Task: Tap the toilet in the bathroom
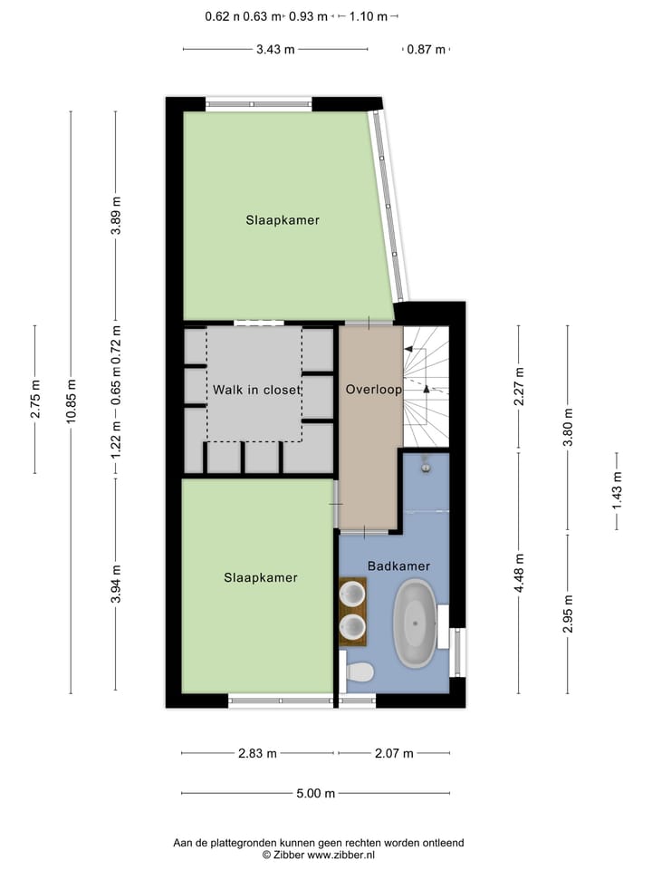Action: tap(360, 672)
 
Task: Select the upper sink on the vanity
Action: tap(352, 594)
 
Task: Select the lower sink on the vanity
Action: tap(352, 626)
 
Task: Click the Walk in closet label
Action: tap(256, 390)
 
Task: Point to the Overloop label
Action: tap(373, 390)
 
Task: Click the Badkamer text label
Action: tap(398, 565)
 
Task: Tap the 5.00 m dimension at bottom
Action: tap(315, 794)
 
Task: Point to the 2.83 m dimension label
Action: tap(258, 753)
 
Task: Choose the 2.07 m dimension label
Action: tap(394, 753)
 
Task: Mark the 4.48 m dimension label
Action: tap(519, 574)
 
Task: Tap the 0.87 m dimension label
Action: tap(426, 50)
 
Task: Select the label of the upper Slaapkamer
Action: tap(283, 219)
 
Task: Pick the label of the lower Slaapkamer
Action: tap(261, 577)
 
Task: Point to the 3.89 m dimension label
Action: tap(115, 216)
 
